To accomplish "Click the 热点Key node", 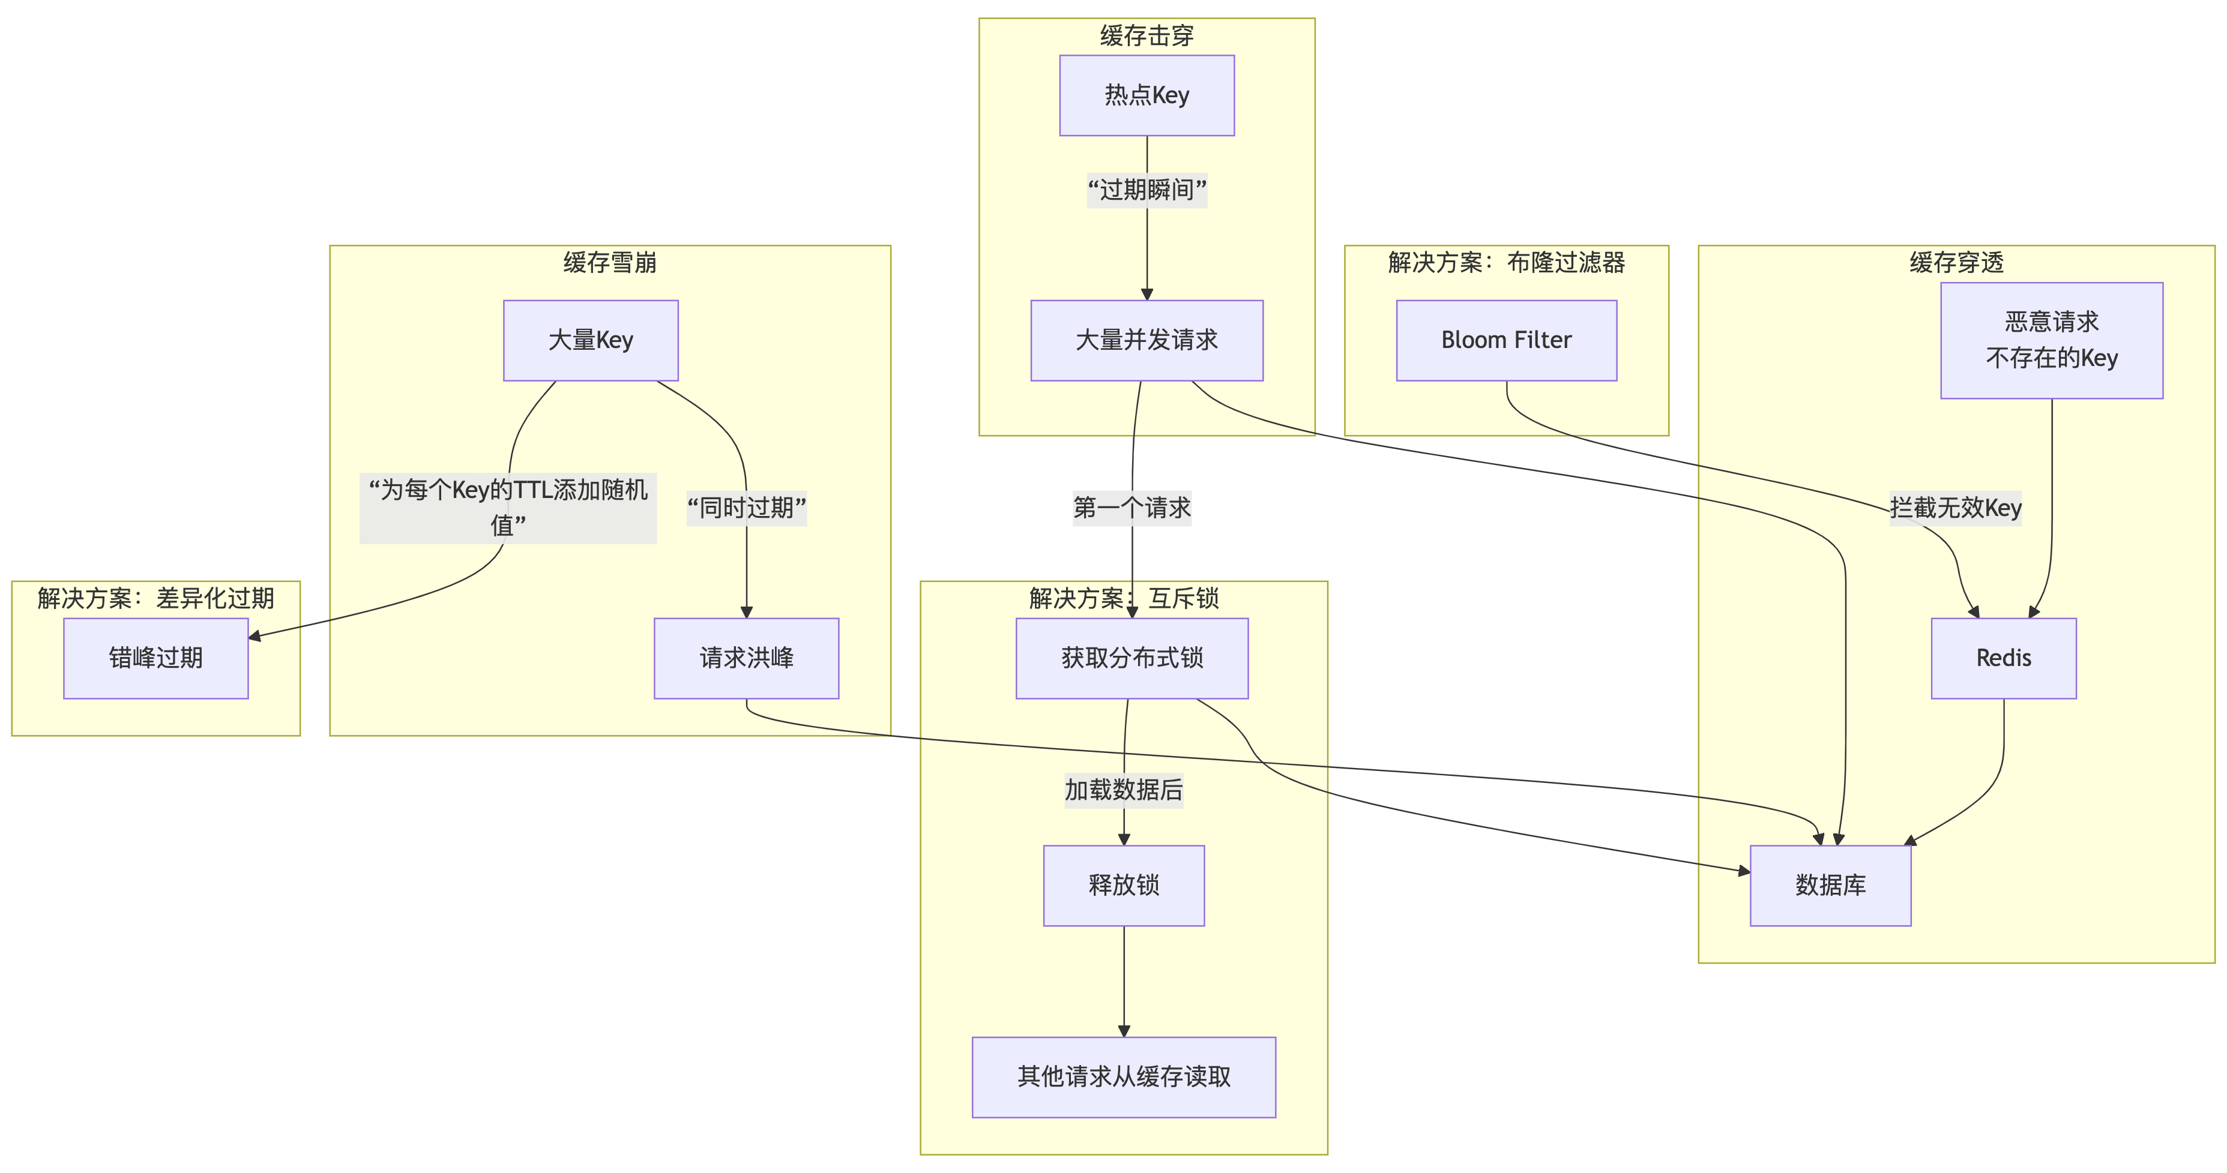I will click(x=1147, y=95).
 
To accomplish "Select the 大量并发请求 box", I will click(x=1147, y=340).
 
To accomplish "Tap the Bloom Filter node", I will click(x=1506, y=340).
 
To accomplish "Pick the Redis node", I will click(x=2003, y=658).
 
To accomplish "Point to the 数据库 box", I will click(x=1830, y=885).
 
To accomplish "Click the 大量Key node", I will click(x=591, y=340).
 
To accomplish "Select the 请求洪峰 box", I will click(x=746, y=658).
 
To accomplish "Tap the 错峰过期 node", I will click(x=155, y=658).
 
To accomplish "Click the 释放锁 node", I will click(x=1123, y=885).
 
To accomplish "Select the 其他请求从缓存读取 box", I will click(x=1123, y=1076).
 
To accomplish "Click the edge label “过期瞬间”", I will click(x=1147, y=190).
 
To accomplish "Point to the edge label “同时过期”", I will click(x=746, y=508).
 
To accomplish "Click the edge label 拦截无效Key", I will click(x=1956, y=508).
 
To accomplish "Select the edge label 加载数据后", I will click(x=1123, y=789).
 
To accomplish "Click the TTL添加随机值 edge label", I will click(x=508, y=508).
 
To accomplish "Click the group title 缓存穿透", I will click(x=1956, y=262).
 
